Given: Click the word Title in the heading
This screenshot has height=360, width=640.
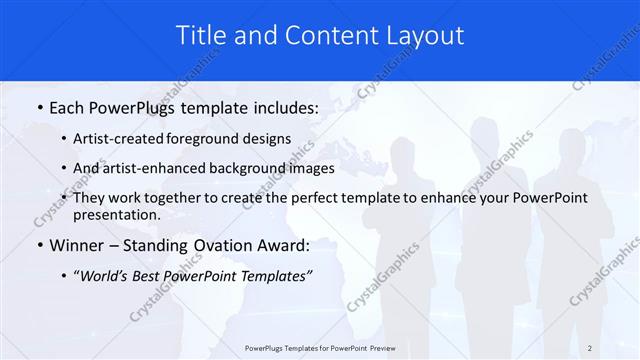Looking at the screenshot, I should tap(201, 36).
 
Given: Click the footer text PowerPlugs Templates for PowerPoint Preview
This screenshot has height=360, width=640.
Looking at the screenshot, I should tap(319, 348).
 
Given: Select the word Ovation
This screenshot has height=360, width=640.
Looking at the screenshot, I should tap(226, 245).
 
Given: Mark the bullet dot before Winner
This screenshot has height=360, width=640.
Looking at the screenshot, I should tap(39, 245).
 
